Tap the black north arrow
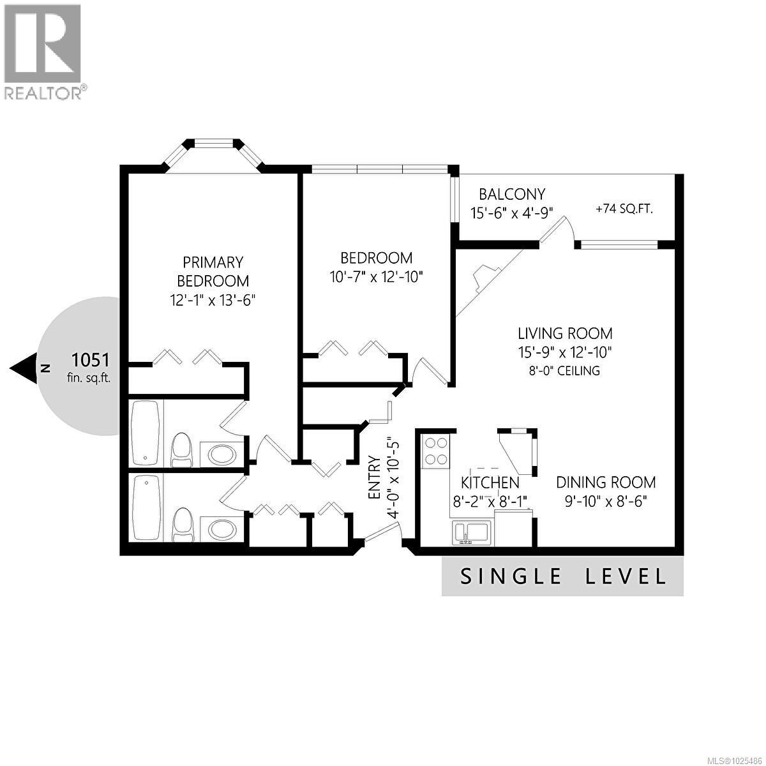(24, 368)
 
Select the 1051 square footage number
(91, 359)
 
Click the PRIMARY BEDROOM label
(213, 271)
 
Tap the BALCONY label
(512, 194)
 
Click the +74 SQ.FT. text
(624, 209)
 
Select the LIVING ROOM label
(565, 333)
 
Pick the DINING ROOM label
(605, 483)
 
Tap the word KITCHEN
(490, 482)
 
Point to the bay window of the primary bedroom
(213, 153)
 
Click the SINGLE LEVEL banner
(562, 576)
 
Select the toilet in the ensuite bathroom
(182, 450)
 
